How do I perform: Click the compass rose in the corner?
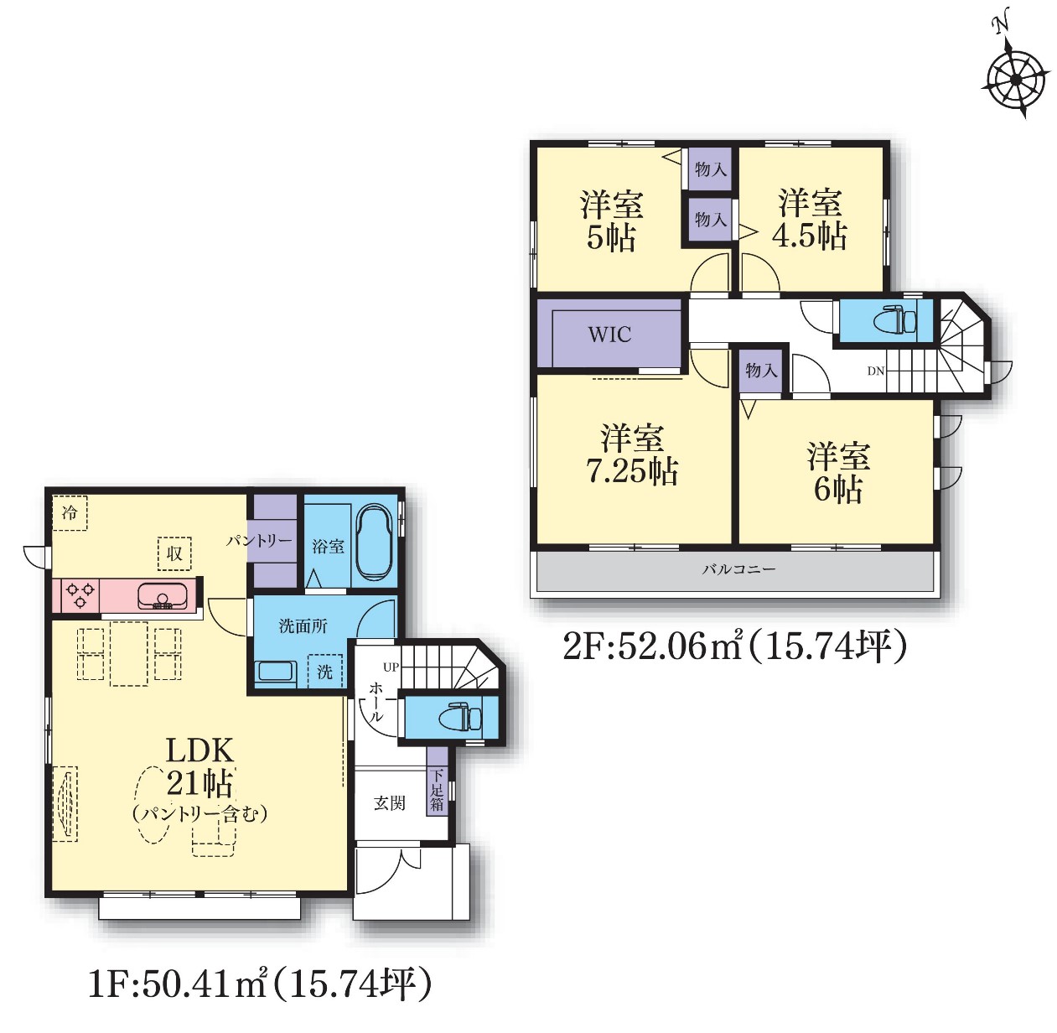tap(1014, 80)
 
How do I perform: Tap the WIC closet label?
tap(609, 335)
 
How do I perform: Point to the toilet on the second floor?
tap(894, 320)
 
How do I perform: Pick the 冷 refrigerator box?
tap(70, 512)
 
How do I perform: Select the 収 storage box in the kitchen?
tap(174, 553)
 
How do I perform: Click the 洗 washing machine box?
tap(325, 672)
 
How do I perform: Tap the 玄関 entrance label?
tap(390, 802)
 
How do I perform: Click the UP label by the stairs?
tap(391, 667)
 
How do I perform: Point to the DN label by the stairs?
tap(876, 371)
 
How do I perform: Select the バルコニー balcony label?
tap(738, 569)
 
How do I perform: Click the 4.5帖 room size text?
tap(810, 236)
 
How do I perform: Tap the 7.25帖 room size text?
tap(633, 470)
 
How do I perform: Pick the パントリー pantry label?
tap(259, 541)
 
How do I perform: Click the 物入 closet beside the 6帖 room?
tap(760, 371)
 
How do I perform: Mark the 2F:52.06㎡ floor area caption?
tap(734, 647)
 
